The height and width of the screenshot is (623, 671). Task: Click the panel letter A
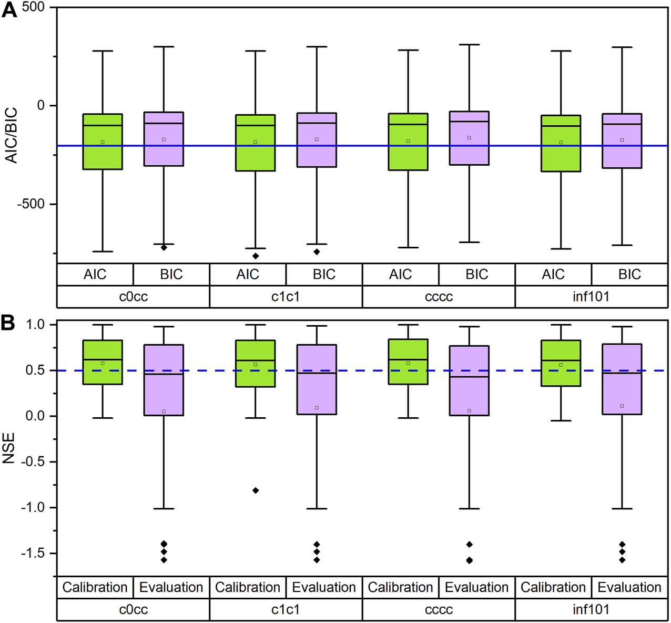coord(9,10)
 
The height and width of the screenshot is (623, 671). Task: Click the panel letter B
coord(8,323)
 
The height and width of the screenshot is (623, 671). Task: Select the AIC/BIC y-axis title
coord(11,135)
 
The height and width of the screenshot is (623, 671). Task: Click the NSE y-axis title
coord(9,448)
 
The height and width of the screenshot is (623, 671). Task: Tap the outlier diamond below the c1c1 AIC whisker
coord(256,256)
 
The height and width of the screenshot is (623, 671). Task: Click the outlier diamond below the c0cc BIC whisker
coord(164,248)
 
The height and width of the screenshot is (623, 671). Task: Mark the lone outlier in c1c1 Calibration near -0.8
coord(256,490)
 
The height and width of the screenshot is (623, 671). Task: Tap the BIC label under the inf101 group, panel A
coord(629,274)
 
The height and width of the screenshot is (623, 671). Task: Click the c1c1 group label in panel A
coord(286,297)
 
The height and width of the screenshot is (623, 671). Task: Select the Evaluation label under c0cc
coord(171,587)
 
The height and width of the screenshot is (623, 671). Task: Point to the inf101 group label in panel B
coord(591,609)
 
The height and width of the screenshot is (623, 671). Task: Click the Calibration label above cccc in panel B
coord(400,587)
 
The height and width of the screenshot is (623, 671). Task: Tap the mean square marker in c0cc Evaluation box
coord(164,411)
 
